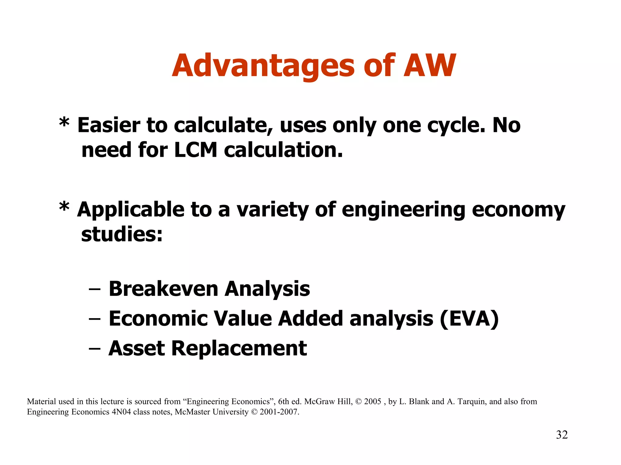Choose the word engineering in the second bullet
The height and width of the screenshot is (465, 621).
pyautogui.click(x=403, y=210)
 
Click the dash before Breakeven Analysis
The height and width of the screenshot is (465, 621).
pyautogui.click(x=94, y=289)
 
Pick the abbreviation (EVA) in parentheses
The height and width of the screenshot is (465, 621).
pyautogui.click(x=469, y=318)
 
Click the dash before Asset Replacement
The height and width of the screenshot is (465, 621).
pyautogui.click(x=94, y=349)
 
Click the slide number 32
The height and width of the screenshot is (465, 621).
pyautogui.click(x=562, y=435)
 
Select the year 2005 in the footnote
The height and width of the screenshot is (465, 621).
pyautogui.click(x=372, y=401)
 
